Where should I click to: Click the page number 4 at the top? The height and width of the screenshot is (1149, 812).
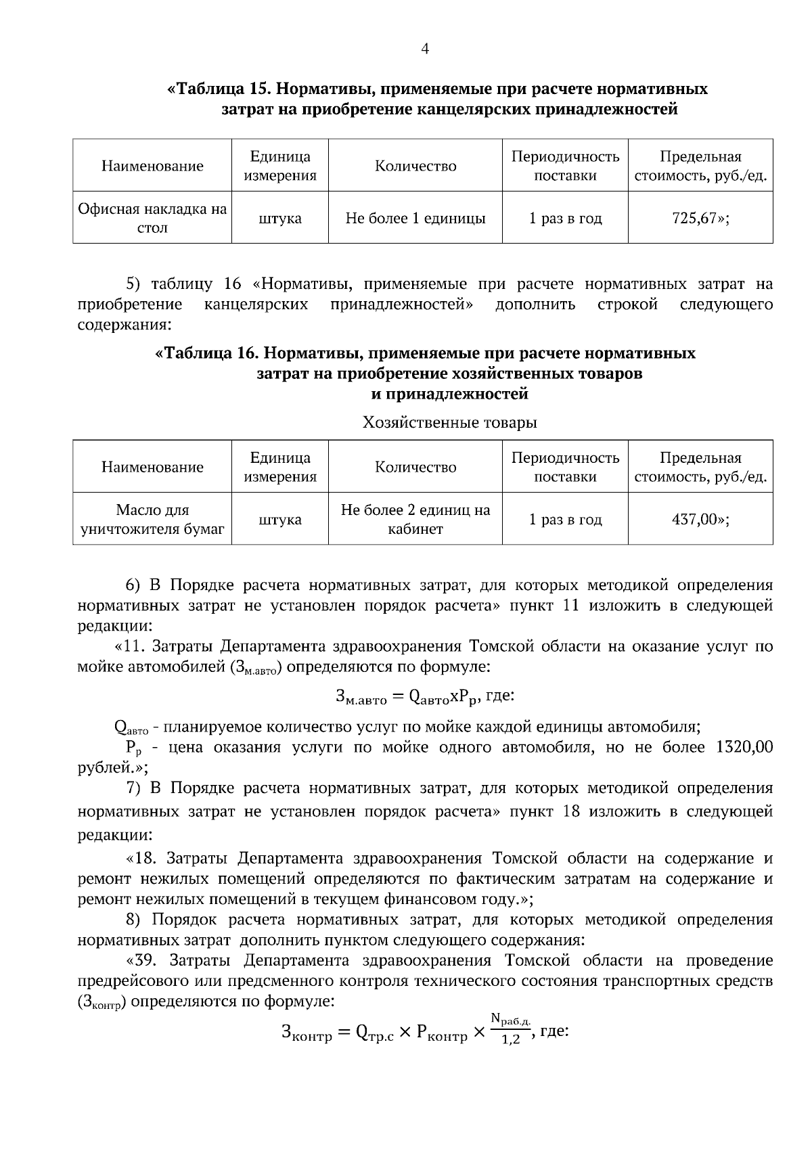(425, 49)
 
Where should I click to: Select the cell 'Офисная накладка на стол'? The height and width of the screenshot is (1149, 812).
(152, 219)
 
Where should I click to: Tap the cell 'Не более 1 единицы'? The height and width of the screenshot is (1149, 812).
(415, 219)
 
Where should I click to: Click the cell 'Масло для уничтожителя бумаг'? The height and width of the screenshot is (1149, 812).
(152, 520)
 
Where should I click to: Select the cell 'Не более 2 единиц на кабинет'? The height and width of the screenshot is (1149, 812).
(415, 520)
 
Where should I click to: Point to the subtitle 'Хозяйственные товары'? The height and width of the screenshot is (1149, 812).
(449, 423)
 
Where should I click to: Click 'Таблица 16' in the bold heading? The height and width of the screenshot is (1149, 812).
(207, 353)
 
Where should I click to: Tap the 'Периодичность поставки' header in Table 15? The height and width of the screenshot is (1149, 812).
(565, 166)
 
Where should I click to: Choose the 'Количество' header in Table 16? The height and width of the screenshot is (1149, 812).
(415, 468)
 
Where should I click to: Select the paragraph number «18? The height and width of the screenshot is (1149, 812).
(144, 859)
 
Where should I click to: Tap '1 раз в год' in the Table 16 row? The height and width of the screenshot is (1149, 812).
(565, 520)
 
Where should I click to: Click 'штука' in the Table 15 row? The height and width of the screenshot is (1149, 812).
(279, 219)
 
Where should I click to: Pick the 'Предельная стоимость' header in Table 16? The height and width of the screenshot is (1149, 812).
(700, 468)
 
